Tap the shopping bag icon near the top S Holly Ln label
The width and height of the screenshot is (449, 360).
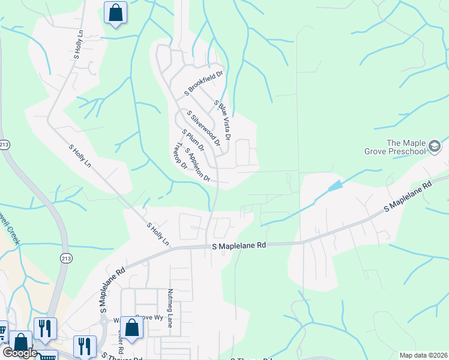point(115,13)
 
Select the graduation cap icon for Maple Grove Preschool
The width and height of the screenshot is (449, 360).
point(434,146)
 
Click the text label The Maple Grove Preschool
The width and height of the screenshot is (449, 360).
point(405,147)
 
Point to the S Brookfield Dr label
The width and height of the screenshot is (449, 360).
point(203,83)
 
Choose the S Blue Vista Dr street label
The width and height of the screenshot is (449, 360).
point(223,121)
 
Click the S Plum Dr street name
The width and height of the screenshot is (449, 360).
point(193,140)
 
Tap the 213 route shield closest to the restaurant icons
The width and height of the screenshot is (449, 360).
point(65,257)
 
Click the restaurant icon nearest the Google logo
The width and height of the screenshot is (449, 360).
point(45,328)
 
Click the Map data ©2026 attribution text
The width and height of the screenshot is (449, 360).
point(423,355)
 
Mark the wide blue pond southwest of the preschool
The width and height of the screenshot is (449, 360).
point(335,186)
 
